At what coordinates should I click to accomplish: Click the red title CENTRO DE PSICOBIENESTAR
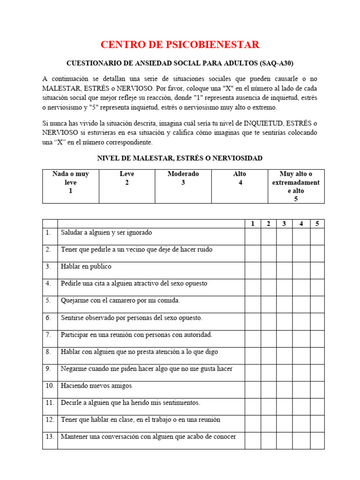[180, 45]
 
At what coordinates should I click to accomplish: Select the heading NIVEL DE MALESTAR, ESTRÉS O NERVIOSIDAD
[180, 158]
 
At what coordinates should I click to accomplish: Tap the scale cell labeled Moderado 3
[183, 186]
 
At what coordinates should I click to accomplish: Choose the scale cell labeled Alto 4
[240, 186]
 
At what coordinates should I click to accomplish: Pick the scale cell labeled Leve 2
[127, 186]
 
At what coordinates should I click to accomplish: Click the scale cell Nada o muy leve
[71, 186]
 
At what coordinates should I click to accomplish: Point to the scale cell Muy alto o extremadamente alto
[296, 186]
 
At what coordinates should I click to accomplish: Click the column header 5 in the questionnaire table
[317, 224]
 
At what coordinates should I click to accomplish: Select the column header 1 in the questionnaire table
[253, 224]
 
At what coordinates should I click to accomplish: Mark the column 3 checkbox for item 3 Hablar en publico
[284, 270]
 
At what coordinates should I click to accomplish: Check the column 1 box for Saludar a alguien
[253, 236]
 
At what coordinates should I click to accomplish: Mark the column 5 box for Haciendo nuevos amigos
[317, 390]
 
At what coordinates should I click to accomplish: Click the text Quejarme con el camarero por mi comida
[120, 300]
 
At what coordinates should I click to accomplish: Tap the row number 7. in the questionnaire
[49, 335]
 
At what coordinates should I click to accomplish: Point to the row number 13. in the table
[50, 437]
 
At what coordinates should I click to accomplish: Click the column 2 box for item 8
[269, 355]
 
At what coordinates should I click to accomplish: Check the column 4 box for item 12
[301, 424]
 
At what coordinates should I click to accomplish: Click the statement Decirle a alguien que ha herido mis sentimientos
[130, 403]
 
